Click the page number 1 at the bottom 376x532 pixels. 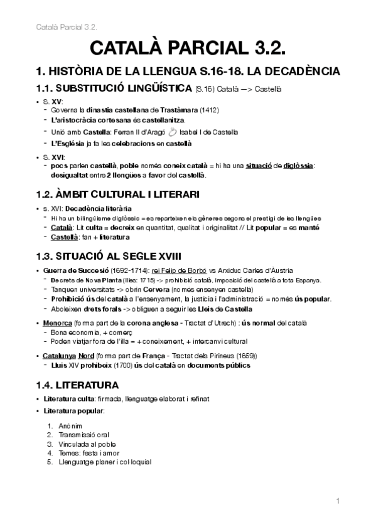[x=337, y=501]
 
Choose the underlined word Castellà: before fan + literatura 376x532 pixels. [x=65, y=237]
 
